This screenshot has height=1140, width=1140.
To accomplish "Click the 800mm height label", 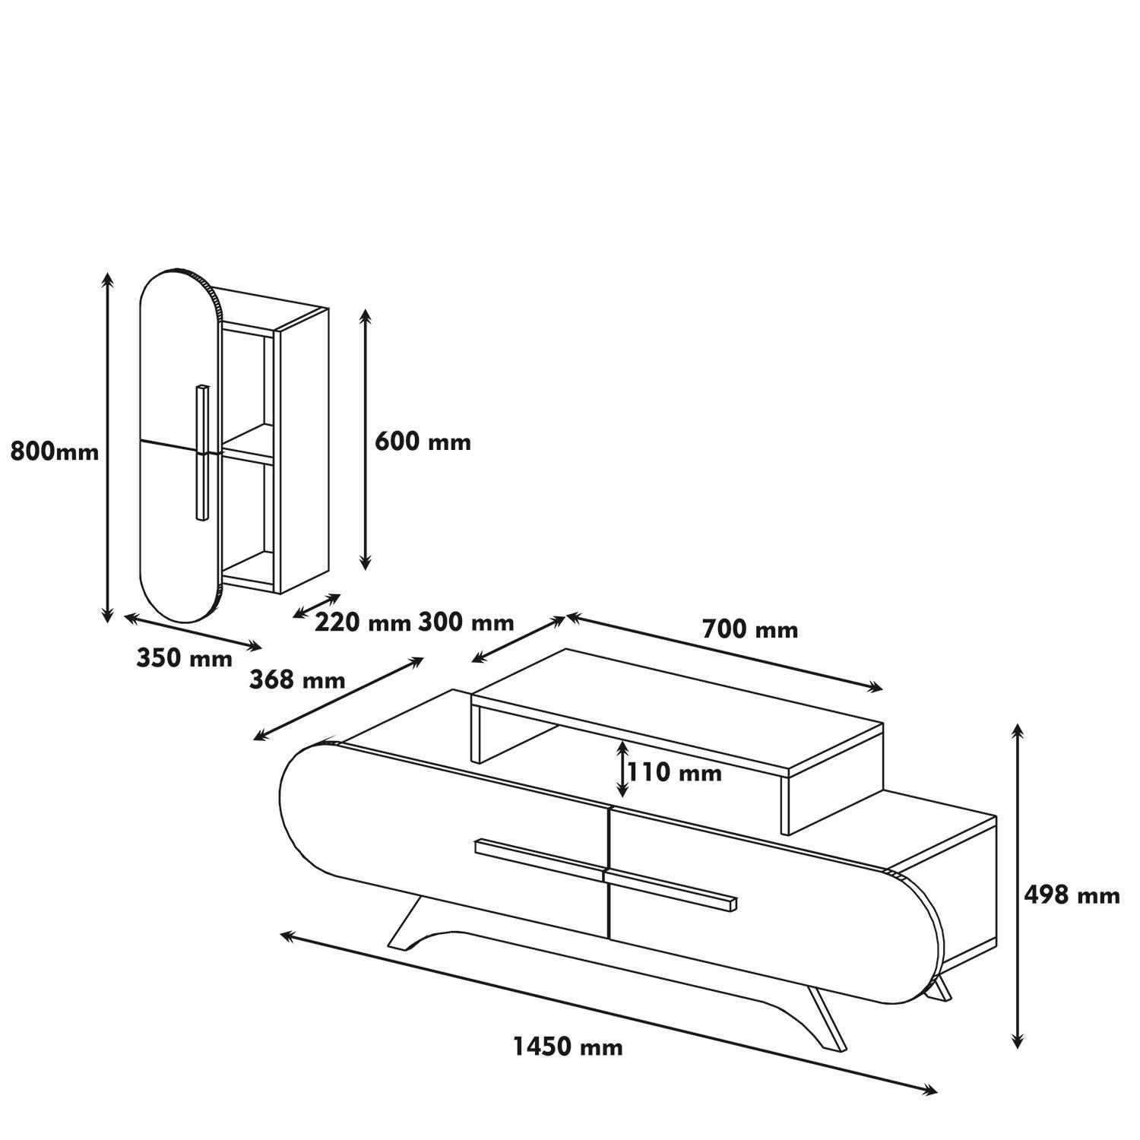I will pos(55,452).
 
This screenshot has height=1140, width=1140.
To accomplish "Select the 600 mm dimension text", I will pos(423,442).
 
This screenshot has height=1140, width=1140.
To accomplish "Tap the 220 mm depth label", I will pos(363,623).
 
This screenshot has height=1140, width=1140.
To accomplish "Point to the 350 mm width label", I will pos(185,657).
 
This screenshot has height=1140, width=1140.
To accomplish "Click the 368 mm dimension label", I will pos(297,679).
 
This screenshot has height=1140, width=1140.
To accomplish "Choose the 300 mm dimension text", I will pos(466,623).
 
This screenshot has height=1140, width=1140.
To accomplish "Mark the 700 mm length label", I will pos(750,629).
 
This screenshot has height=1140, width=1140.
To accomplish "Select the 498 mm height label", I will pos(1072,895).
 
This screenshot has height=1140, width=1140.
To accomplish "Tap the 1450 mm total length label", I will pos(568,1047).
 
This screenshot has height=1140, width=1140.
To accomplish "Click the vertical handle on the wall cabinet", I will pos(201,453).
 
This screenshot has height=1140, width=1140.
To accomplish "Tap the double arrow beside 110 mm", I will pos(622,769).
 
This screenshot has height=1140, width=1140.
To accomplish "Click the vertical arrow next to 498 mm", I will pos(1017,885).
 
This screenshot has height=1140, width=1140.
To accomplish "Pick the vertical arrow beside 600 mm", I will pos(366,439).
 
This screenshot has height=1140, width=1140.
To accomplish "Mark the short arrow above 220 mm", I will pos(317,606).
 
